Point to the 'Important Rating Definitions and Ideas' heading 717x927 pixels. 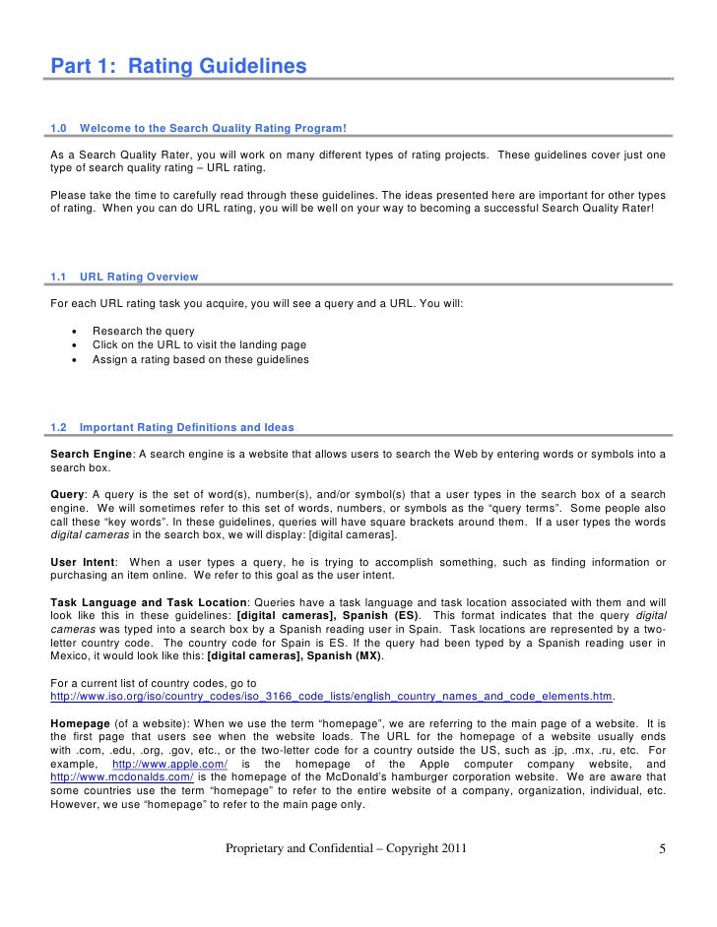(185, 427)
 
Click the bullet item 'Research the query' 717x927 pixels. (143, 331)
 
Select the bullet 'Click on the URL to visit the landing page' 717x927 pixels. (199, 345)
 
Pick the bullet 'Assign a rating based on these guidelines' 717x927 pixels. (200, 359)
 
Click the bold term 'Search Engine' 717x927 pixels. (91, 454)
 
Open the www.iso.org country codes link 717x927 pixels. (332, 696)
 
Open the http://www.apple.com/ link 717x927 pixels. (170, 765)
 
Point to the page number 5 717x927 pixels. (663, 848)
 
